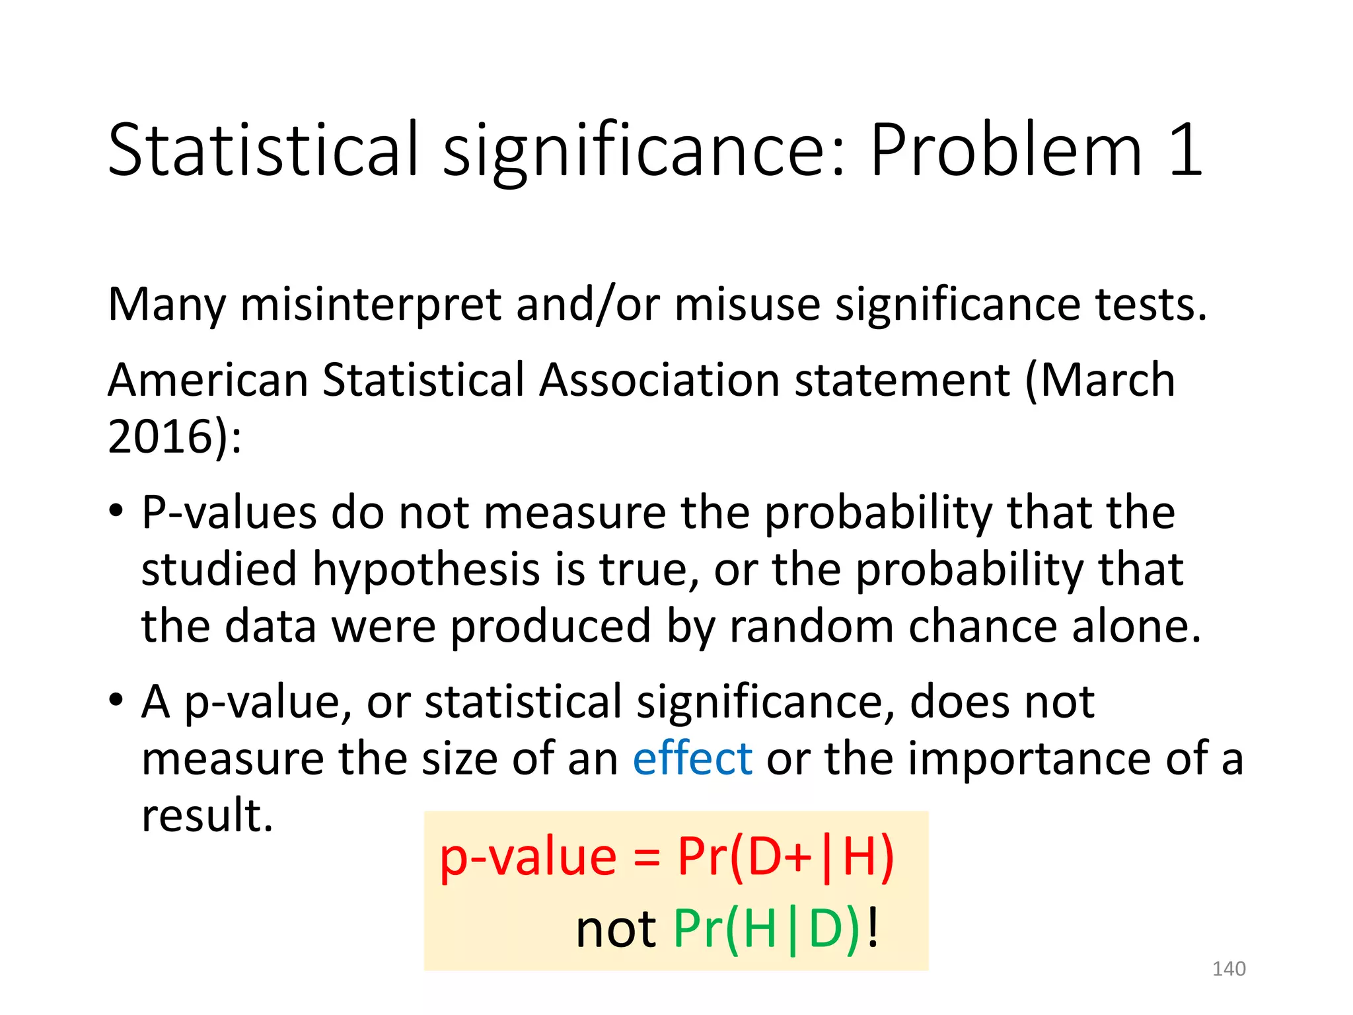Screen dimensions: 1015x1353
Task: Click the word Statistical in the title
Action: pos(263,151)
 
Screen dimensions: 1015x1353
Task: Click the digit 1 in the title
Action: pos(1185,151)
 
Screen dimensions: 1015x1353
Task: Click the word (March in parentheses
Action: pos(1099,381)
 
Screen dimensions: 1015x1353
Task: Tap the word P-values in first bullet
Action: pos(229,513)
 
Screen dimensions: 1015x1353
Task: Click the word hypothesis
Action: pos(426,570)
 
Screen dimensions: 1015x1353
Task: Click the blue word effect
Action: pos(692,759)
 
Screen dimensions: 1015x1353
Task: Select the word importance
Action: pos(1029,759)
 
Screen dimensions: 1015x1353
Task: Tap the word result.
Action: pos(207,815)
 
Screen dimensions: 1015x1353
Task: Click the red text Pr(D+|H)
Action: pos(786,857)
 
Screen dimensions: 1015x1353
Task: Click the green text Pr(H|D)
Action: pos(766,929)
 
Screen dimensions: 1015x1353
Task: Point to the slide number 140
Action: pos(1228,969)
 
